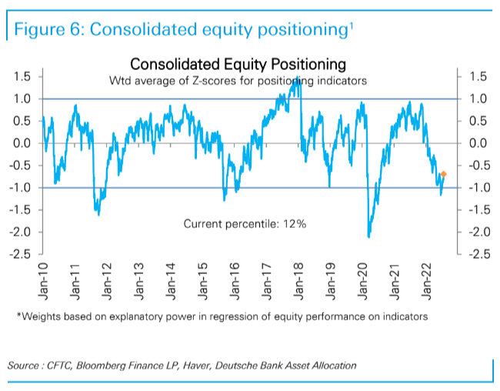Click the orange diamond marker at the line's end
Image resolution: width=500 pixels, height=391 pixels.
443,175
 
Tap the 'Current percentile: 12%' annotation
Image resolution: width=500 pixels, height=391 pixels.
245,223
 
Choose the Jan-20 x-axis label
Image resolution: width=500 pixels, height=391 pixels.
363,279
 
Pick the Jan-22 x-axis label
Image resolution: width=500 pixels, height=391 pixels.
427,279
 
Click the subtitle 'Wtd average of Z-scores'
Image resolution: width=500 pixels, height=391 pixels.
237,80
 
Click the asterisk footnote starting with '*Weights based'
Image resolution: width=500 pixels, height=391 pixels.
222,316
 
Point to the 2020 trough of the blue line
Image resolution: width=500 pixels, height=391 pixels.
369,236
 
